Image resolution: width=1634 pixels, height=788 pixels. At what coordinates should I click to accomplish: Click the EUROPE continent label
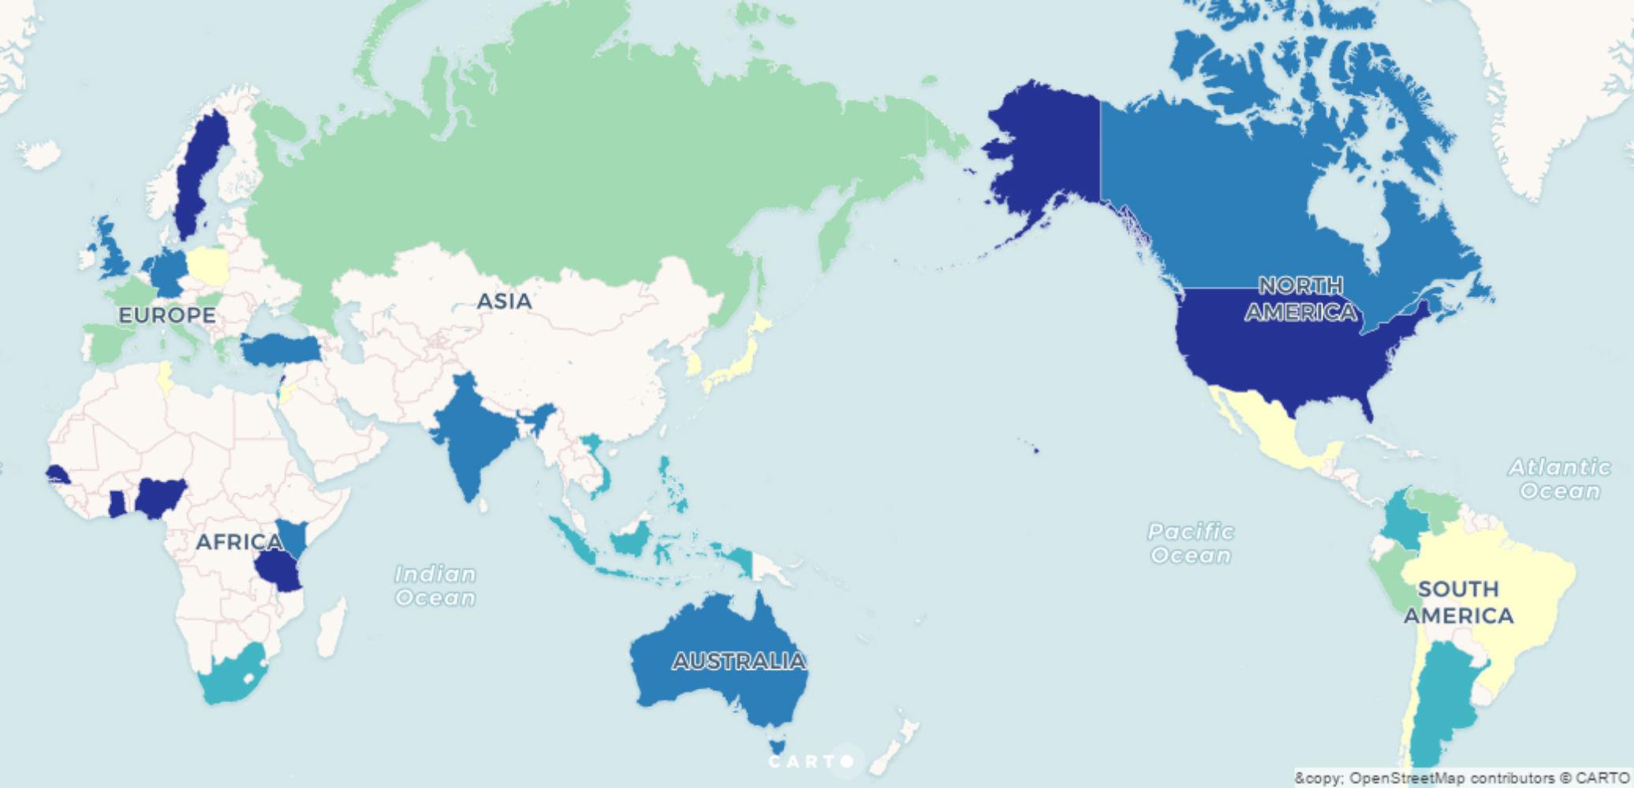[x=166, y=315]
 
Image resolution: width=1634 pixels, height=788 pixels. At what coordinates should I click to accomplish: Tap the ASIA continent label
[x=505, y=300]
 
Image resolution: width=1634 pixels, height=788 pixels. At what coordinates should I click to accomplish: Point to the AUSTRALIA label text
[x=739, y=660]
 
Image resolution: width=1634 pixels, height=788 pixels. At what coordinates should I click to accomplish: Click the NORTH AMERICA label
[x=1300, y=299]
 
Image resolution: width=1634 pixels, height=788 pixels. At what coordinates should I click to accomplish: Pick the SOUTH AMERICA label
[x=1458, y=602]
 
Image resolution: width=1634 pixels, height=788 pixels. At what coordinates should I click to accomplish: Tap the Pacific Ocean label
[x=1191, y=543]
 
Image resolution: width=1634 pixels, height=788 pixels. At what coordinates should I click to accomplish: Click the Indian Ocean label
[x=435, y=585]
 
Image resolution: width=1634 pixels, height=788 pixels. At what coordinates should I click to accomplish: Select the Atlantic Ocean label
[x=1559, y=479]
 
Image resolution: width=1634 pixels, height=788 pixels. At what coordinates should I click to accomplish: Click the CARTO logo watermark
[x=811, y=761]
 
